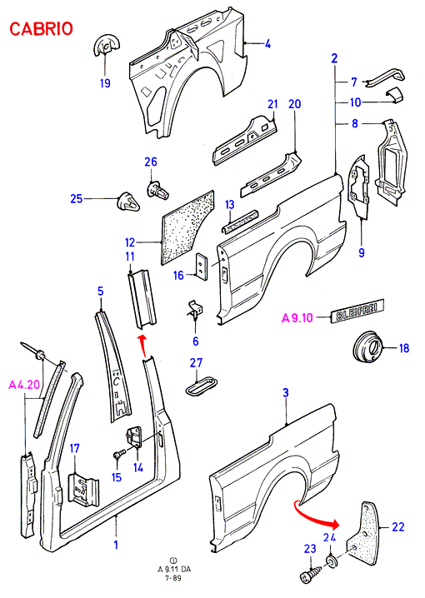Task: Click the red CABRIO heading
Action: pyautogui.click(x=41, y=29)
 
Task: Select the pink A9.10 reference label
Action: pyautogui.click(x=297, y=317)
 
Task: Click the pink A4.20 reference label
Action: pyautogui.click(x=24, y=385)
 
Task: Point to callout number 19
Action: pyautogui.click(x=105, y=82)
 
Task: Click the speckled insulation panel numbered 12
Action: pyautogui.click(x=187, y=227)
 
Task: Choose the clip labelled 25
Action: pyautogui.click(x=127, y=201)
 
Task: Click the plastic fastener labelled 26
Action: pyautogui.click(x=157, y=190)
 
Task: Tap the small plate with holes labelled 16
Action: pyautogui.click(x=202, y=267)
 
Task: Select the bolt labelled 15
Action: pyautogui.click(x=118, y=454)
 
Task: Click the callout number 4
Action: pyautogui.click(x=267, y=44)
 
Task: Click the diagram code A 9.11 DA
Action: pyautogui.click(x=174, y=569)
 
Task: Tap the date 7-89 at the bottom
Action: pyautogui.click(x=172, y=578)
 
